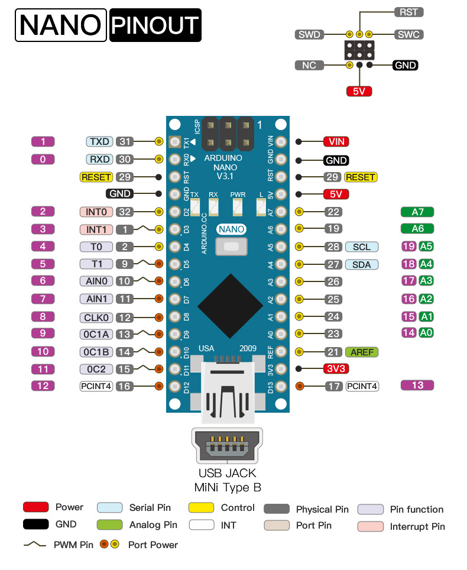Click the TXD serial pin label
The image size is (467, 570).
point(99,141)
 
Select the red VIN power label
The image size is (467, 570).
point(336,141)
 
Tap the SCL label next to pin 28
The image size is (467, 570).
point(362,247)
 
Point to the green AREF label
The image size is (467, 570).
point(362,352)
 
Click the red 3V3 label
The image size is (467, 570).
point(336,368)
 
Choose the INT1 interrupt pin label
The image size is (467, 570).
point(96,229)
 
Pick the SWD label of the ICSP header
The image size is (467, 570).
point(309,34)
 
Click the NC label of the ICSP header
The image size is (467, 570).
point(309,66)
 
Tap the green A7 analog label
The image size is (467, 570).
point(417,212)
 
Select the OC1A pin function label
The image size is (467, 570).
point(96,334)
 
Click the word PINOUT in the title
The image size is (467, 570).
point(155,25)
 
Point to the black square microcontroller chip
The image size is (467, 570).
point(231,306)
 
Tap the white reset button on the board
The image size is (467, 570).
point(232,247)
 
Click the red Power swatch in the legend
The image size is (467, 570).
point(36,507)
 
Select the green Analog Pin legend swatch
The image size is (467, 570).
point(110,524)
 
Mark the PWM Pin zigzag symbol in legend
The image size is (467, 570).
point(35,544)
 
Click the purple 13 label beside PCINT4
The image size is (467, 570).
point(417,386)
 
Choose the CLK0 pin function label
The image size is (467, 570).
point(96,318)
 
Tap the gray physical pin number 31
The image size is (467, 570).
point(125,141)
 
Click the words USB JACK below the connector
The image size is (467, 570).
point(228,473)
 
